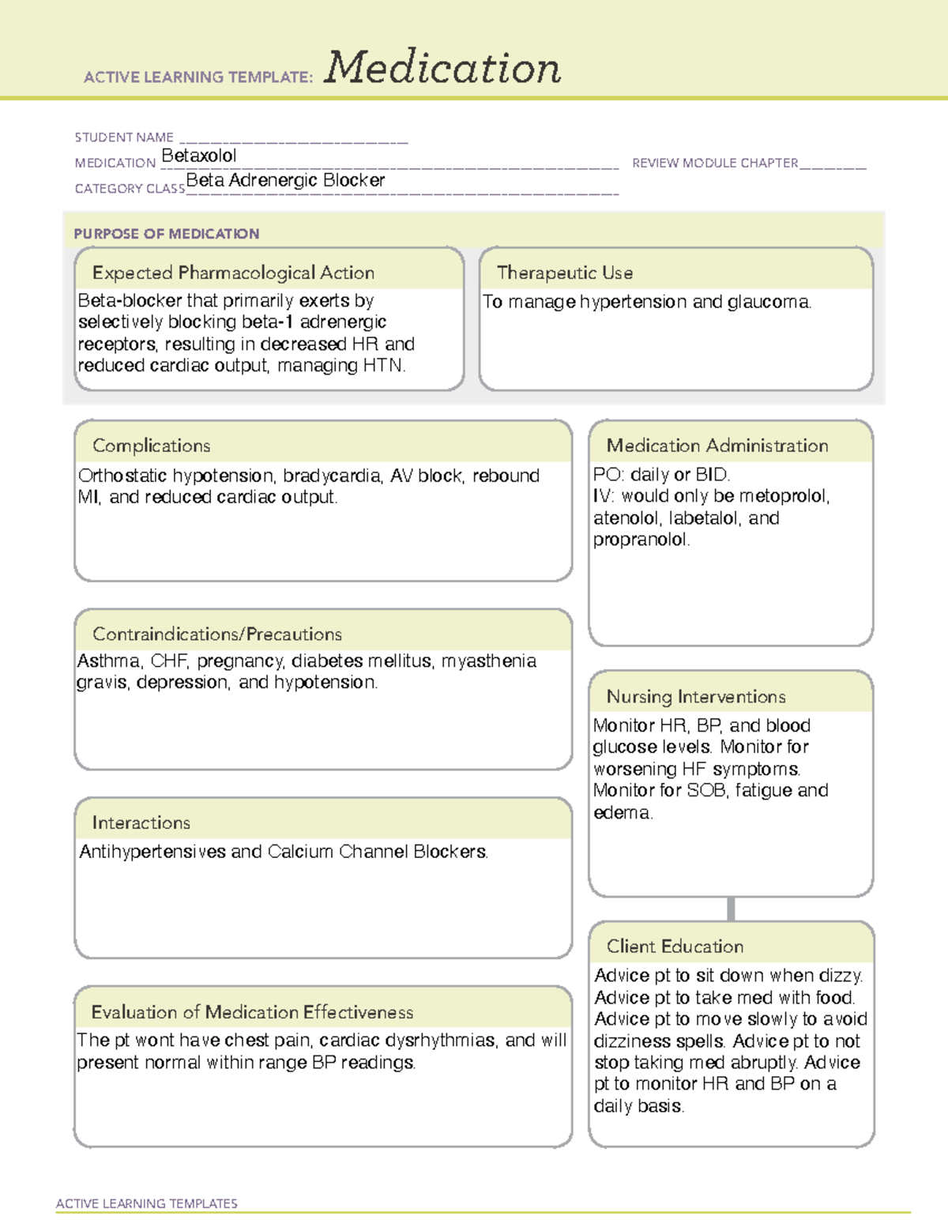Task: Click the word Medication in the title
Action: pos(442,68)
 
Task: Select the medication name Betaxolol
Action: pos(198,156)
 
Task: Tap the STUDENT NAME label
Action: pos(124,137)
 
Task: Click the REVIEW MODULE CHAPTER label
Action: pos(715,163)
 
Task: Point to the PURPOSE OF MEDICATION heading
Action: pos(167,234)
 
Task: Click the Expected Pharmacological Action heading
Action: pos(233,273)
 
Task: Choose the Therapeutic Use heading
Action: pos(565,273)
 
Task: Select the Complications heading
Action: pos(152,446)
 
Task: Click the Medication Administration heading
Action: pos(717,446)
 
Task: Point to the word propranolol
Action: pos(641,540)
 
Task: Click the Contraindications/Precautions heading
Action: pos(217,634)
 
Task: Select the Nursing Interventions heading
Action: pos(696,696)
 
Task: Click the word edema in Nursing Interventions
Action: pos(623,812)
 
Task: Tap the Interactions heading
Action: pos(141,822)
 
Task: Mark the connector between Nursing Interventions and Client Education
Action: pos(731,909)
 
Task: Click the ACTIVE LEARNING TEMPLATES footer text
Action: pos(147,1203)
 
